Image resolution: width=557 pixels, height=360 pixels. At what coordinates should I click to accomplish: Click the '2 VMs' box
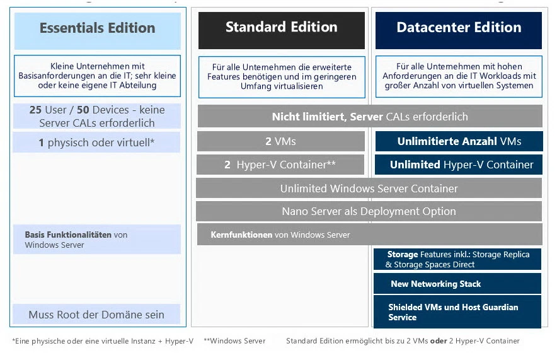click(x=280, y=141)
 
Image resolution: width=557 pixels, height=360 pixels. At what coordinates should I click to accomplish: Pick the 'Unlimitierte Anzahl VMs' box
click(x=459, y=141)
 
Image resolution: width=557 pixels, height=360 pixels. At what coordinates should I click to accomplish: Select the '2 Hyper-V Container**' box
click(x=280, y=165)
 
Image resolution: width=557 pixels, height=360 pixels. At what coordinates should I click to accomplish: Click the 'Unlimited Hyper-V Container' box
click(x=459, y=165)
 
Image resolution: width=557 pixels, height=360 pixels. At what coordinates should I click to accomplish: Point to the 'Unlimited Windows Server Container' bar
click(x=369, y=188)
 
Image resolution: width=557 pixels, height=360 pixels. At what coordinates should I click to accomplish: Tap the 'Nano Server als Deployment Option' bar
click(x=369, y=211)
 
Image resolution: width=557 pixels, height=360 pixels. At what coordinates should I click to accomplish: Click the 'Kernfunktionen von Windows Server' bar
click(x=369, y=235)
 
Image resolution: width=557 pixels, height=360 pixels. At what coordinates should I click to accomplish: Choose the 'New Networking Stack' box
click(x=457, y=284)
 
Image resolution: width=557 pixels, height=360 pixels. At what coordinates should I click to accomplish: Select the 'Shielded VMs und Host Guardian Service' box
click(x=457, y=312)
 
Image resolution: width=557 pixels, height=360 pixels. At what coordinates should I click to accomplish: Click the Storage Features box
click(x=457, y=259)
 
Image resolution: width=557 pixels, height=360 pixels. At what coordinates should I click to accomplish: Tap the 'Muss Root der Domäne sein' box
click(x=96, y=314)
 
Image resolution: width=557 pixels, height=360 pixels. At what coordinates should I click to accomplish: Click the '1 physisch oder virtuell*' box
click(x=96, y=142)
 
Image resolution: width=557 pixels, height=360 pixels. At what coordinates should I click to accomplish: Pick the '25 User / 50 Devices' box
click(x=96, y=116)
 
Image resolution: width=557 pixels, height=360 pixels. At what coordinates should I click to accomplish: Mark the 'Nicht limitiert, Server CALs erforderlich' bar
click(x=369, y=117)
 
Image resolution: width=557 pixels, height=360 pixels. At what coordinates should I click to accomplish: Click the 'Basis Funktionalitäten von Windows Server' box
click(x=96, y=240)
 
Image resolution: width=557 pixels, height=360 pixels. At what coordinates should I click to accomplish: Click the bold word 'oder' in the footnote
click(x=439, y=341)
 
